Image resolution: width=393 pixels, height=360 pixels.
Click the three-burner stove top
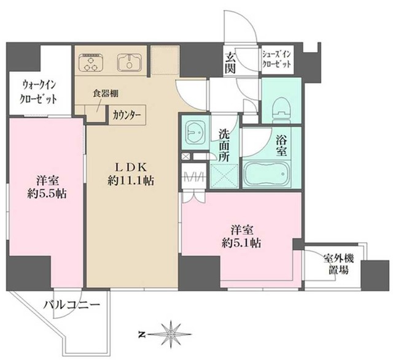94,62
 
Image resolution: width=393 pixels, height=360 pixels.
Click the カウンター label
126,115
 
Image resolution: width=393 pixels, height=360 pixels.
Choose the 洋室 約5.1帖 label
242,236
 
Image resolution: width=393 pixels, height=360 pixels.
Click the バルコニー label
68,304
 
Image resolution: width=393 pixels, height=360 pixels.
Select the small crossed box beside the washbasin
185,157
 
